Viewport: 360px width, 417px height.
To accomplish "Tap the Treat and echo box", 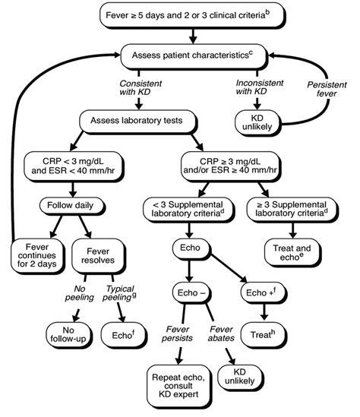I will pyautogui.click(x=292, y=251).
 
